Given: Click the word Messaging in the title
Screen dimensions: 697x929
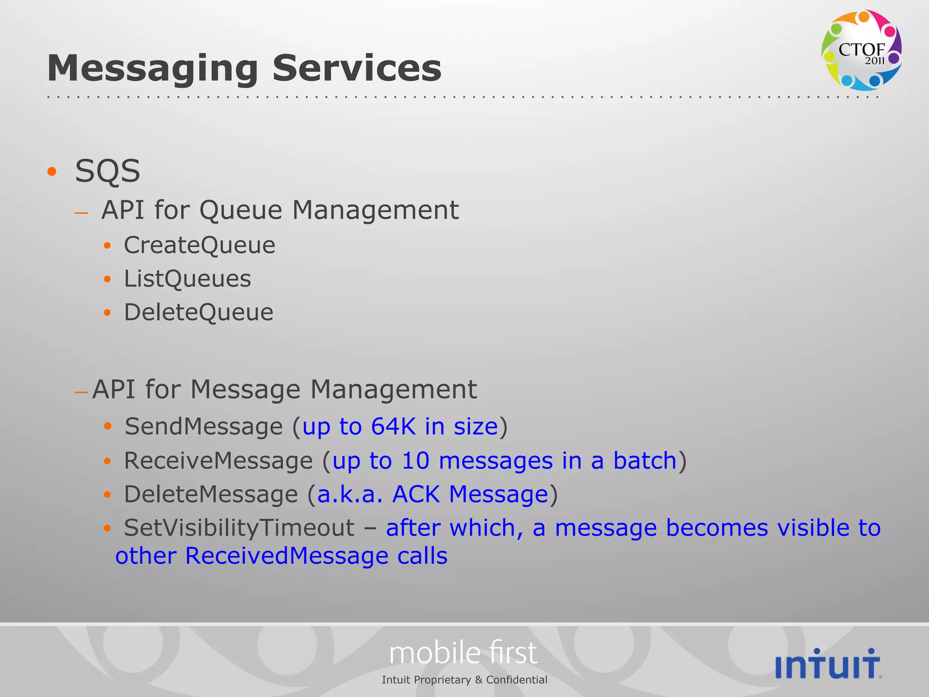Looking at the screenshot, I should point(152,69).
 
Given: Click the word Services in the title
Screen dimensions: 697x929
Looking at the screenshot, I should point(357,68).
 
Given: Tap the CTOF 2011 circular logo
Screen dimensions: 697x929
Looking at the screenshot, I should point(861,50).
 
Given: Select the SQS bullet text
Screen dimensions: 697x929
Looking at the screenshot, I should point(108,172).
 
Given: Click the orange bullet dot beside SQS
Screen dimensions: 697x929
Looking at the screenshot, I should point(52,172).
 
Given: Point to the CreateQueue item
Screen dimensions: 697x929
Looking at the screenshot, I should point(200,245).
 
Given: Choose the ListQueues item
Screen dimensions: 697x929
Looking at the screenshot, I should point(187,279).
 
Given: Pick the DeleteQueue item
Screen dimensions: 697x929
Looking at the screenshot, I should point(199,312).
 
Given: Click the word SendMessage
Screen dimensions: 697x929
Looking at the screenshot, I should point(204,427).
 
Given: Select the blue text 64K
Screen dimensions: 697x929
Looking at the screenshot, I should point(393,427).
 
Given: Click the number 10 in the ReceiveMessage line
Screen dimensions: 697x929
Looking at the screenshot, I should point(415,461).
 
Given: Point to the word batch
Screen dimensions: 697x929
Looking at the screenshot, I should point(645,461).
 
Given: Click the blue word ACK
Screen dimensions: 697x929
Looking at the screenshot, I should point(416,494).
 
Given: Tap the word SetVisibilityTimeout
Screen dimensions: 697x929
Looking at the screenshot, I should point(239,528).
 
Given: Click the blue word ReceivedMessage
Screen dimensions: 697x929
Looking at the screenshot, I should point(287,556).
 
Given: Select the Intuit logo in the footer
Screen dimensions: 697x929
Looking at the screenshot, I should point(828,664).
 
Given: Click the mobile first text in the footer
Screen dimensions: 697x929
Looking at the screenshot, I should point(463,653).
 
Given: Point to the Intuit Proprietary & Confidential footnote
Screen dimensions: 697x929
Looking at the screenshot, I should point(464,680).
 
